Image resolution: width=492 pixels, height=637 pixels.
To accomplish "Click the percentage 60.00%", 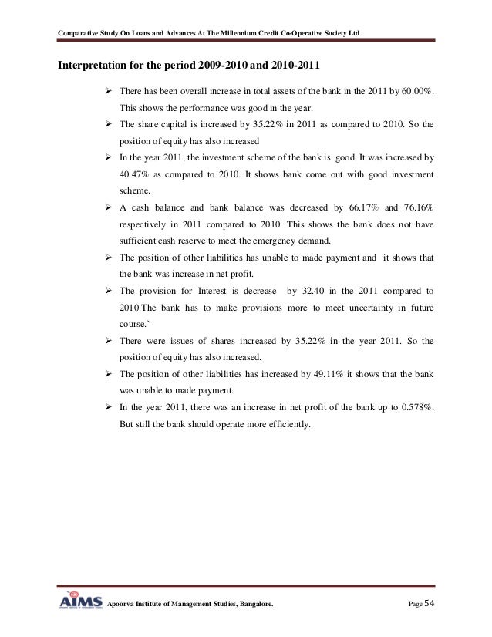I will coord(416,93).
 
